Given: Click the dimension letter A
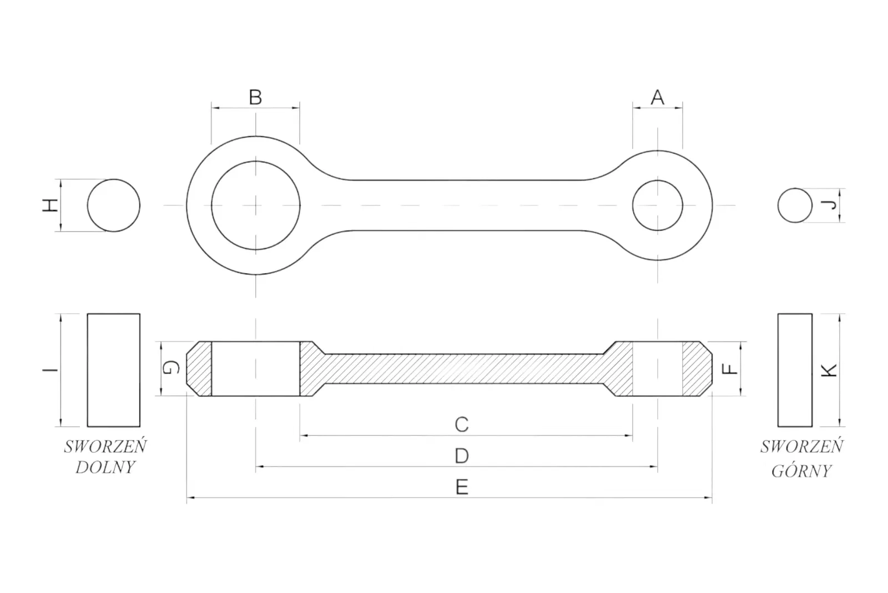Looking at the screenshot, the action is [x=657, y=98].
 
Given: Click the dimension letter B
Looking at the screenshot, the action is [x=255, y=98].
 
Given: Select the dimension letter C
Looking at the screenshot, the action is [x=461, y=424].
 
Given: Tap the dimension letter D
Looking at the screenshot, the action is [x=461, y=456].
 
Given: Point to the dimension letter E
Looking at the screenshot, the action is [x=462, y=487].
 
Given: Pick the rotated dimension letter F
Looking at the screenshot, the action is [x=729, y=369].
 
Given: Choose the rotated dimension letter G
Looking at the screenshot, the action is [x=171, y=368].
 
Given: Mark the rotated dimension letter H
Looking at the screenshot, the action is [x=51, y=205].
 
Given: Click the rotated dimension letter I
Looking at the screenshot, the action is [x=51, y=370].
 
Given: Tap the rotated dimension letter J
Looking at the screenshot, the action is [x=829, y=205].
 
